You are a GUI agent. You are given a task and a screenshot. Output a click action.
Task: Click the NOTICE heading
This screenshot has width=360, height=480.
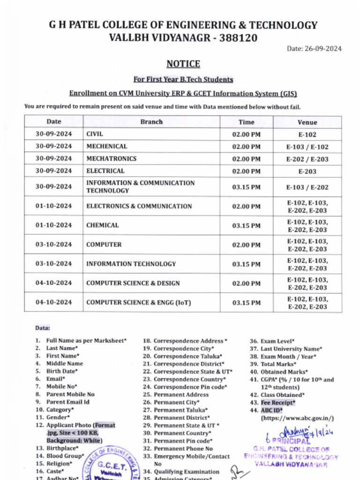click(x=183, y=64)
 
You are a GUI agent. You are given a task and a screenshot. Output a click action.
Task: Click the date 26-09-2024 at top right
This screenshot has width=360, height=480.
click(x=314, y=49)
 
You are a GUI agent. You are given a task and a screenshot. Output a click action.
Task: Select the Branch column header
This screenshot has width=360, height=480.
click(x=151, y=122)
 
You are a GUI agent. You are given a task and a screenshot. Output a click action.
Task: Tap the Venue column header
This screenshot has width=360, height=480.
click(x=307, y=122)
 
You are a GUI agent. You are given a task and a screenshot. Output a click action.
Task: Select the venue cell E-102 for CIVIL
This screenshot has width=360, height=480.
click(x=307, y=135)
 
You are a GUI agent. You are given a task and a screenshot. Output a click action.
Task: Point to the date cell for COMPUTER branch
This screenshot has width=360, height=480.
click(x=54, y=245)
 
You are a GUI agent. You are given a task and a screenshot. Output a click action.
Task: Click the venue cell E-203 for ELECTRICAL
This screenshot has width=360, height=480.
click(x=307, y=172)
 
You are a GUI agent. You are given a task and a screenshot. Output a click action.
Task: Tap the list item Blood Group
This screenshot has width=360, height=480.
click(x=65, y=456)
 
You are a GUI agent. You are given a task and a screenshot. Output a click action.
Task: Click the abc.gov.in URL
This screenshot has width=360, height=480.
click(x=297, y=418)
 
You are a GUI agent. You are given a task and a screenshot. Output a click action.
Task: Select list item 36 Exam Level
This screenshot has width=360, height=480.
click(x=277, y=341)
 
